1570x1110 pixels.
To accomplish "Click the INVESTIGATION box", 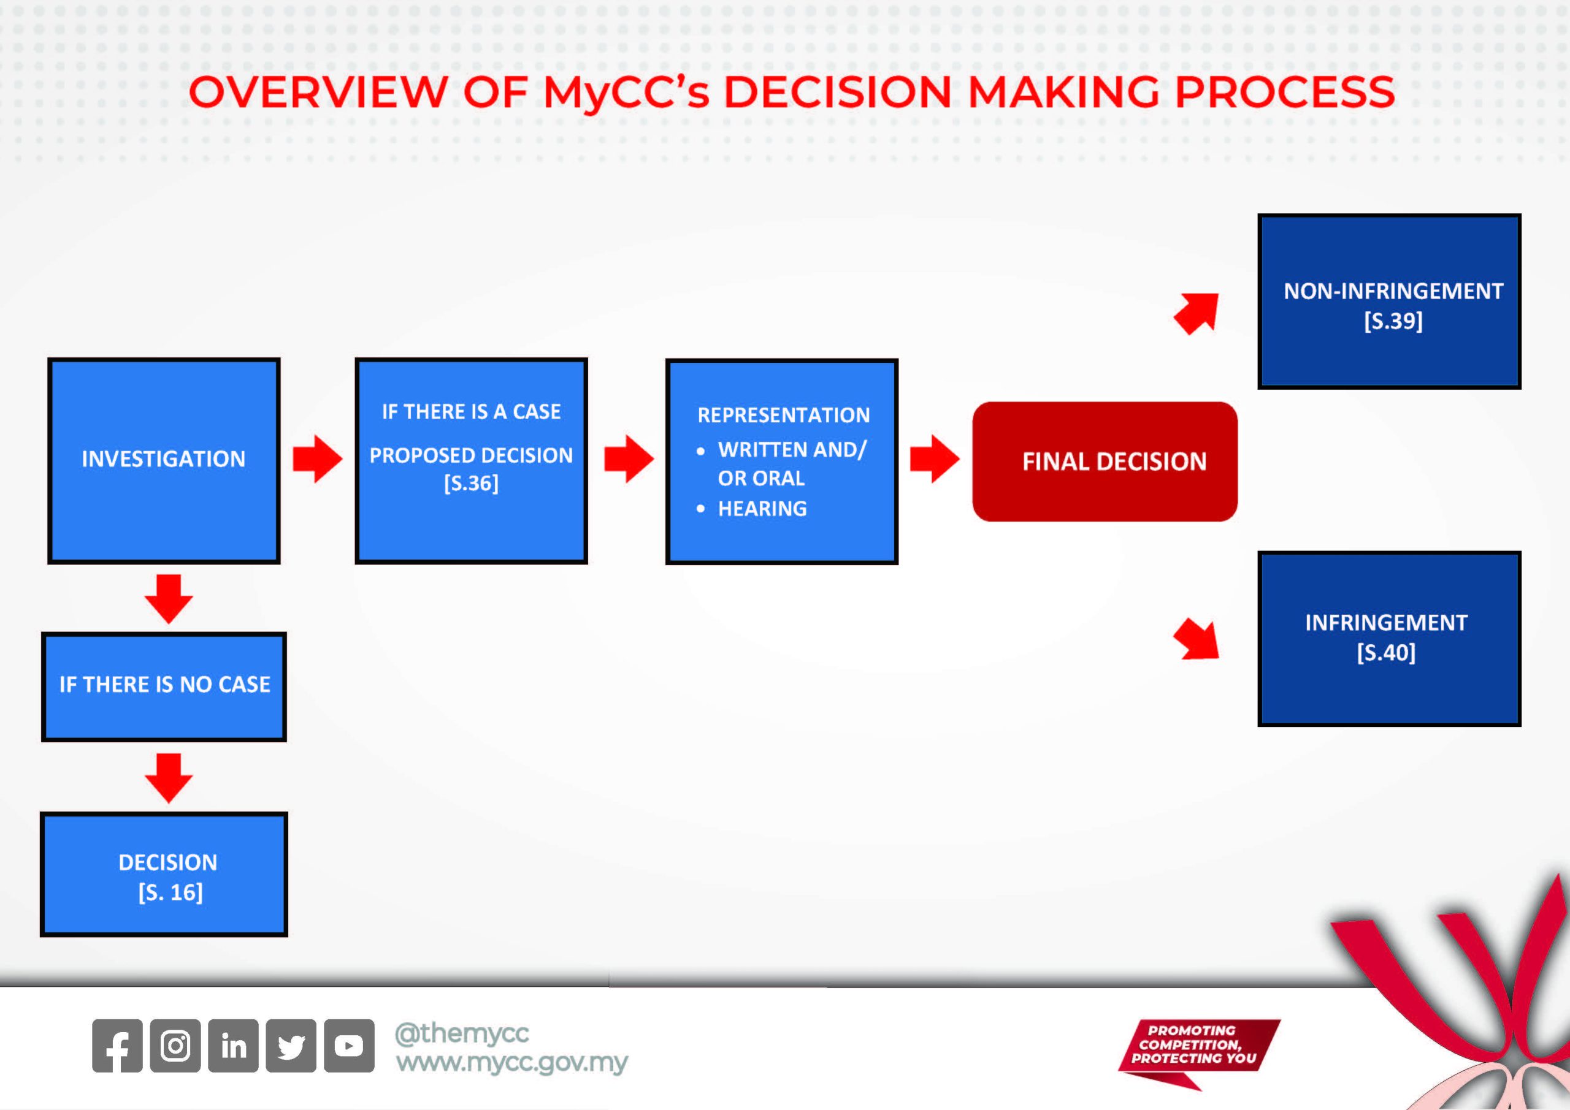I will pyautogui.click(x=163, y=460).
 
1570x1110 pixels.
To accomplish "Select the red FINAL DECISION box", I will pyautogui.click(x=1105, y=462).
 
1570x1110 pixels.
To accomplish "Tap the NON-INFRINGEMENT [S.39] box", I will pyautogui.click(x=1389, y=302).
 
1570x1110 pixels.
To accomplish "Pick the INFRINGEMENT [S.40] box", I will pyautogui.click(x=1389, y=639).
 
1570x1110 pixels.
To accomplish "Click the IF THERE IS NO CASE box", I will pyautogui.click(x=164, y=686).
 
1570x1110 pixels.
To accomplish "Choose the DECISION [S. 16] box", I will pyautogui.click(x=164, y=874).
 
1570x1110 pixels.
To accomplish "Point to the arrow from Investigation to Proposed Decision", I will pyautogui.click(x=317, y=458).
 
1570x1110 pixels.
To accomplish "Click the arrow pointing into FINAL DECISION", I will pyautogui.click(x=934, y=458).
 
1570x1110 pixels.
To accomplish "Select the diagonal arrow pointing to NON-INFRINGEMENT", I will pyautogui.click(x=1197, y=314).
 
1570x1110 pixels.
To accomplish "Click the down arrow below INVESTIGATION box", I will pyautogui.click(x=169, y=598).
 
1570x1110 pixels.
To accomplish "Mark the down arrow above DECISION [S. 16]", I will pyautogui.click(x=169, y=777).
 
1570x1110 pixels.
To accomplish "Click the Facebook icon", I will pyautogui.click(x=118, y=1045).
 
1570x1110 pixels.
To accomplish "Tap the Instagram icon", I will pyautogui.click(x=175, y=1045).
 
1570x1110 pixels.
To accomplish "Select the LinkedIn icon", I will pyautogui.click(x=233, y=1045).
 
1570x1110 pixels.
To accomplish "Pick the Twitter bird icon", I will pyautogui.click(x=291, y=1045).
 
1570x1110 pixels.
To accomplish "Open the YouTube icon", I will pyautogui.click(x=349, y=1045).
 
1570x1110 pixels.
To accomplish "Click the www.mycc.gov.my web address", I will pyautogui.click(x=511, y=1063).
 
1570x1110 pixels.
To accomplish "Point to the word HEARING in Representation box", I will pyautogui.click(x=762, y=509).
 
